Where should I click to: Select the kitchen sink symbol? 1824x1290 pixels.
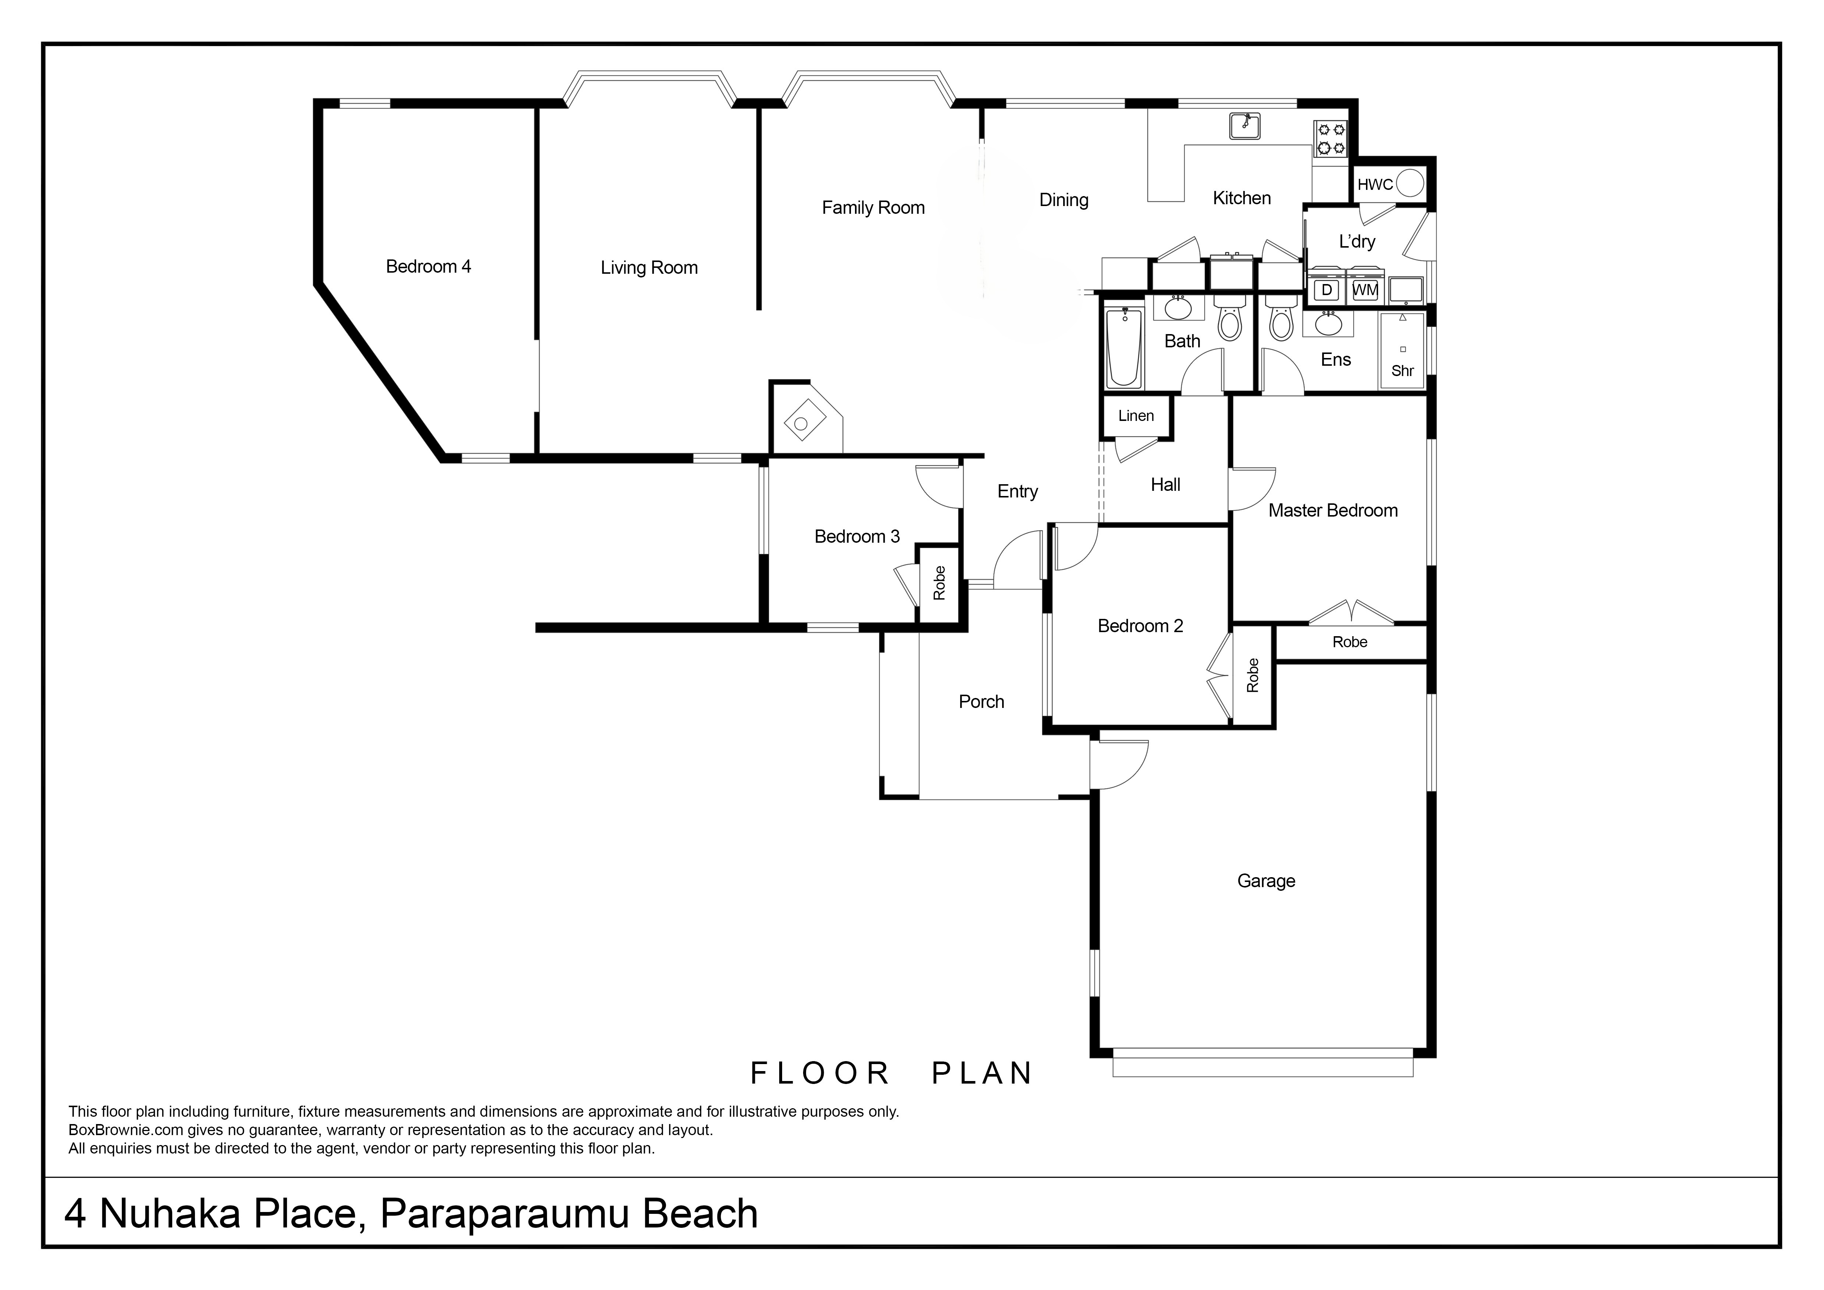(1245, 125)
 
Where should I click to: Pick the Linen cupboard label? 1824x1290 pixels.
(1136, 415)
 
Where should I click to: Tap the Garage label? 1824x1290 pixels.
(1266, 881)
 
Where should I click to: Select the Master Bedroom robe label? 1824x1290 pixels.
(1350, 642)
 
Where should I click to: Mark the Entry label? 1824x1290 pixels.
(1018, 492)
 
